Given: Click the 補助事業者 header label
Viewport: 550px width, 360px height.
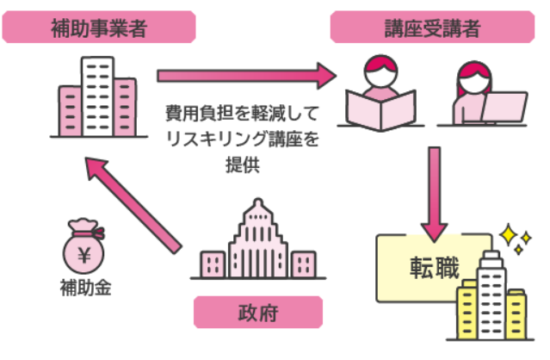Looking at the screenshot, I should [x=97, y=28].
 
